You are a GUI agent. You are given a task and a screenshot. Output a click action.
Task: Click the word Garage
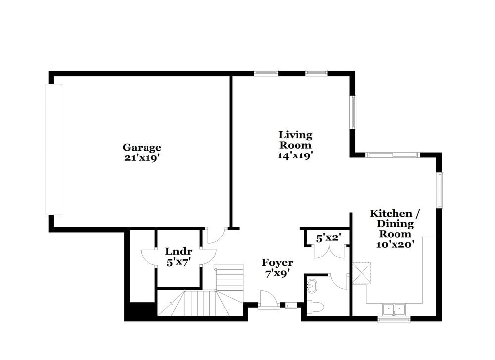click(x=142, y=147)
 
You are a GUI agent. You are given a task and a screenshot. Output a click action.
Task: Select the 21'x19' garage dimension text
click(x=142, y=158)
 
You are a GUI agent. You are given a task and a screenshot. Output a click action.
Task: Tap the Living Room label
click(x=296, y=140)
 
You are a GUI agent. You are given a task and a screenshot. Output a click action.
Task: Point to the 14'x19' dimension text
click(x=296, y=155)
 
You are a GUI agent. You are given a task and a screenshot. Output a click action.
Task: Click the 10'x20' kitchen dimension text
click(x=395, y=244)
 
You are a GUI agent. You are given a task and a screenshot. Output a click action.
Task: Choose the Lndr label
click(x=178, y=251)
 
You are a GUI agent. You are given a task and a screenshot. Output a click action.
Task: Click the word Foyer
click(x=277, y=262)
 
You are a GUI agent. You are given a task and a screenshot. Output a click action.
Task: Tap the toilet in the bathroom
click(x=315, y=307)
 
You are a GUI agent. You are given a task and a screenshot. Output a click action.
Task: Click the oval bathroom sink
click(x=312, y=286)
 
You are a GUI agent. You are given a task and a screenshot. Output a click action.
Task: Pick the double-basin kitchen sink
click(x=394, y=309)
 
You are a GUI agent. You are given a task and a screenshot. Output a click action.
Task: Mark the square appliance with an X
click(x=361, y=273)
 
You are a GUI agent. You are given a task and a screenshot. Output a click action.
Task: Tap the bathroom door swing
click(x=341, y=281)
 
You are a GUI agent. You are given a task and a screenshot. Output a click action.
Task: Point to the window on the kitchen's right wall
click(x=439, y=190)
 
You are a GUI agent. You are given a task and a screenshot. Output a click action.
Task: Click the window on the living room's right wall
click(x=353, y=112)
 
